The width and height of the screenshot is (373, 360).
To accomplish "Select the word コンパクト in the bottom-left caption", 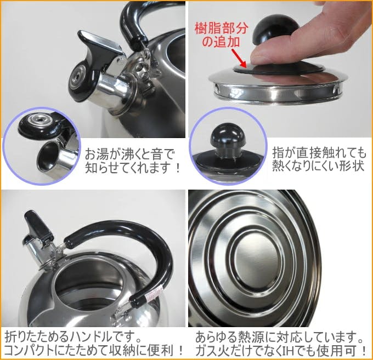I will (x=32, y=348).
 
